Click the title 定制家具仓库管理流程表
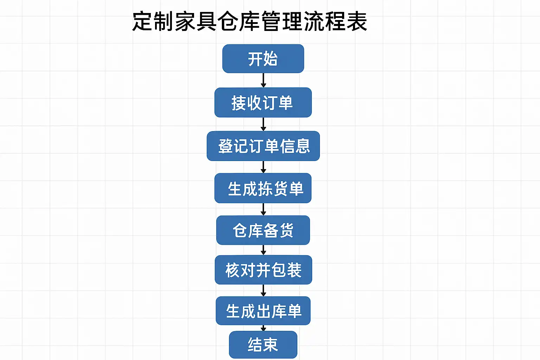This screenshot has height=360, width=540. coord(250,22)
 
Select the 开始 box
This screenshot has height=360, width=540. coord(263,59)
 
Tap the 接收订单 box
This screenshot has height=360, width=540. coord(263,103)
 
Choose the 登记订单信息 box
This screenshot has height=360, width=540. coord(263,146)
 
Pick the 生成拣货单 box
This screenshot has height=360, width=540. coord(263,188)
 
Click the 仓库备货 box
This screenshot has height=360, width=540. coord(263,230)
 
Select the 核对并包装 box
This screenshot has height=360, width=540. coord(263,270)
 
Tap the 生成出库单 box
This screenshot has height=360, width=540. coord(263,311)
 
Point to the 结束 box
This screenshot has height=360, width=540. coord(263,345)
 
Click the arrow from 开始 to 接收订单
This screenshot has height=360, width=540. coord(263,80)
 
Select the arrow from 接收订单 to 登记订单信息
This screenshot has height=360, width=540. coord(263,124)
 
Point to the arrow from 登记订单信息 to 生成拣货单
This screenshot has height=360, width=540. coord(263,167)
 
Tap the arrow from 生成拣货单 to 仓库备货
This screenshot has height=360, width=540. coord(263,209)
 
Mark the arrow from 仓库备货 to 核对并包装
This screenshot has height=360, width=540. coord(263,250)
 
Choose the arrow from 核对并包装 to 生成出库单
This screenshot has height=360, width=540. coord(263,290)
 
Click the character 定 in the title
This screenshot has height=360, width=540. coord(142,22)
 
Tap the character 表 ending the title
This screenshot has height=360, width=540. coord(357,22)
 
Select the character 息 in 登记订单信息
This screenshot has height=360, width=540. coord(302,146)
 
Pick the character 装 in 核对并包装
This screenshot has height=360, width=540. coord(294,270)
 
